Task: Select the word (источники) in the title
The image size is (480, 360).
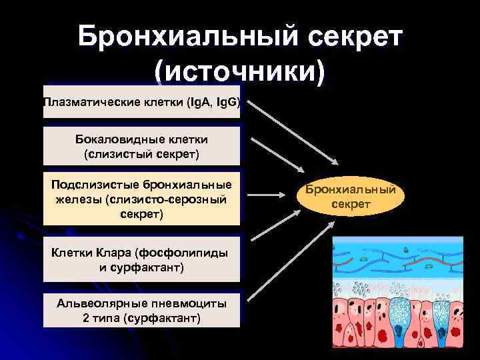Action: tap(240, 71)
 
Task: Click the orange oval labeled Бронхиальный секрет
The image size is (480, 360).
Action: tap(351, 197)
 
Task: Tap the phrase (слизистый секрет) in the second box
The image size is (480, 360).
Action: tap(141, 154)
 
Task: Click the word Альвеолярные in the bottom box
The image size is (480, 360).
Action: tap(100, 303)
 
